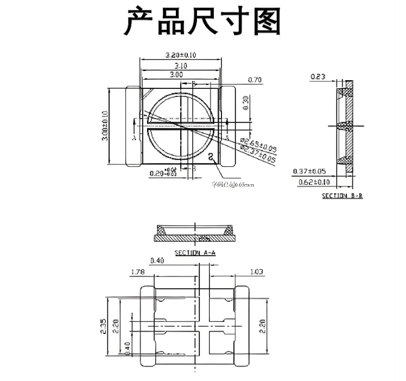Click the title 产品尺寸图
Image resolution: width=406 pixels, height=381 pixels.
(203, 22)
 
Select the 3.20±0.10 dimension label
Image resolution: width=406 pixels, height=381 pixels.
(180, 55)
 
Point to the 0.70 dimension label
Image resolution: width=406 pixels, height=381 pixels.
(255, 80)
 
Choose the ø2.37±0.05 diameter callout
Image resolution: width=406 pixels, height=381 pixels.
(258, 153)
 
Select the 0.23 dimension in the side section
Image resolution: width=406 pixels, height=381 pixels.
(318, 77)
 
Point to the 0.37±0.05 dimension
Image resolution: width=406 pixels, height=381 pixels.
(310, 171)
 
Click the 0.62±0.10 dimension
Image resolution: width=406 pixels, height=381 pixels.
(314, 183)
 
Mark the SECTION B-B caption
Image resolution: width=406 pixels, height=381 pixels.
(342, 196)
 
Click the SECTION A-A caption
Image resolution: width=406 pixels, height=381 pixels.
(195, 253)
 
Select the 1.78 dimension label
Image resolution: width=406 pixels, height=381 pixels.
(137, 272)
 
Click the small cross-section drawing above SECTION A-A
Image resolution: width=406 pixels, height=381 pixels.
(194, 233)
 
